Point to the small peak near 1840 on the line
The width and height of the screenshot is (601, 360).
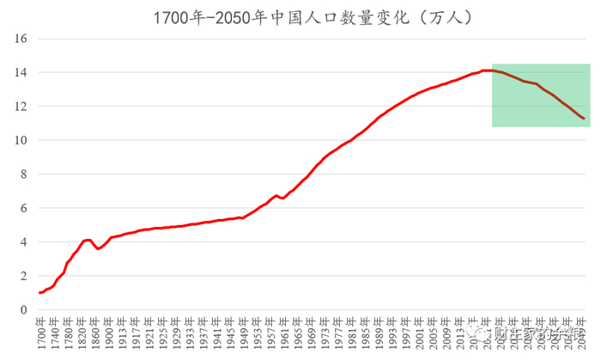pyautogui.click(x=88, y=240)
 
